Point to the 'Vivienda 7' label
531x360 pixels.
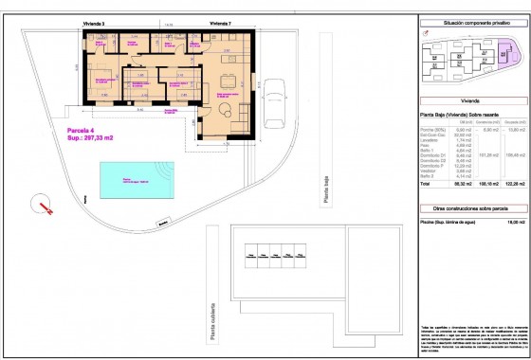pos(219,20)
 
